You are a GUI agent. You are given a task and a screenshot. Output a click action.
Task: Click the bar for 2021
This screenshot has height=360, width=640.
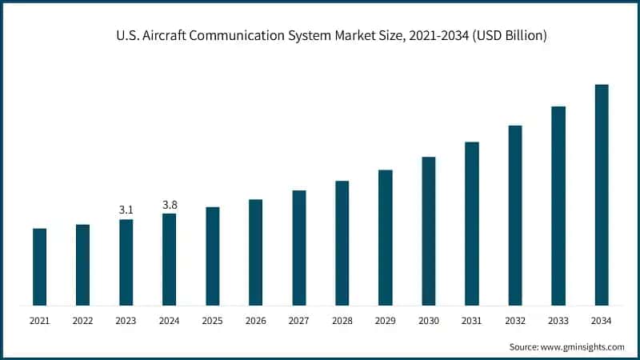click(x=39, y=266)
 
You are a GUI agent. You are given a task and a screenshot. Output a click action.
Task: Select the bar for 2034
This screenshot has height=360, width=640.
click(x=602, y=194)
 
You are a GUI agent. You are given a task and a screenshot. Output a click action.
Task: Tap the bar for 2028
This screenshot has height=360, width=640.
click(x=342, y=242)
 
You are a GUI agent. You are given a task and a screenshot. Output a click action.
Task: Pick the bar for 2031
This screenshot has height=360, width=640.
click(x=472, y=223)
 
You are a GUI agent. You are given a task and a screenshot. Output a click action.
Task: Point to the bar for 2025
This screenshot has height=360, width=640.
click(x=213, y=256)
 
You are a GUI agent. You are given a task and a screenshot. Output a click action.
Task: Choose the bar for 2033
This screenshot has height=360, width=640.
click(x=558, y=206)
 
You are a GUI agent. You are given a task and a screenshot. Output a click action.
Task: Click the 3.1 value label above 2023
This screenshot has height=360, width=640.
click(x=126, y=210)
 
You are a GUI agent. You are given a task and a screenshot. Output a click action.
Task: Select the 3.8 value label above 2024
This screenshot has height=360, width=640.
click(x=170, y=205)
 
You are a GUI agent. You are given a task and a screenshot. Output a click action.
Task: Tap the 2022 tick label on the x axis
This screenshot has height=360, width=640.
click(x=82, y=321)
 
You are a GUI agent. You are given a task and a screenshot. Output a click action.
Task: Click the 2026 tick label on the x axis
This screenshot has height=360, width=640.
click(x=255, y=321)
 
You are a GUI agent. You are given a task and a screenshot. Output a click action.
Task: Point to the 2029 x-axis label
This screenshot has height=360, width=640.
click(x=385, y=321)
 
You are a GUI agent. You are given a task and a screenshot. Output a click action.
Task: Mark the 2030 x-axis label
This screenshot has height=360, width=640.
click(x=428, y=321)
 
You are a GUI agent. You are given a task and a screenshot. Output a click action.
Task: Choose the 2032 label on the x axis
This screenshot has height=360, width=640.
click(x=514, y=321)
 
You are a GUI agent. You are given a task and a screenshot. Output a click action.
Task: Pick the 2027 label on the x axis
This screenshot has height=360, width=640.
click(x=298, y=321)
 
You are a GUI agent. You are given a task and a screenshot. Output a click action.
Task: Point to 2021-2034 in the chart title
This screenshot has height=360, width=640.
click(x=432, y=36)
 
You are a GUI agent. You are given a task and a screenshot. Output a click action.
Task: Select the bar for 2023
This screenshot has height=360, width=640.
click(x=126, y=262)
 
